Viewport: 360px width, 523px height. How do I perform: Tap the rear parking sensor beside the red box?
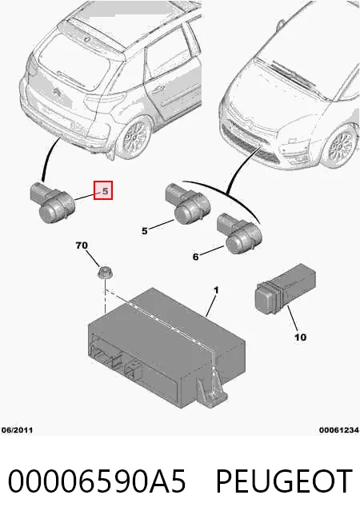pos(53,202)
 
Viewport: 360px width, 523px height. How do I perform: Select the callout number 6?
pos(195,257)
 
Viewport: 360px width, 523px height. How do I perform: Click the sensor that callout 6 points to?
pos(239,234)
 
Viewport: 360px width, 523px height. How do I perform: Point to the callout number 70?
pos(82,246)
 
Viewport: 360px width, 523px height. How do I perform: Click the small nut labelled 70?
pos(105,272)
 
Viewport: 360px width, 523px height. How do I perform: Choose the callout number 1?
pos(216,290)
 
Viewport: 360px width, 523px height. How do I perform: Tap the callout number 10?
pos(300,337)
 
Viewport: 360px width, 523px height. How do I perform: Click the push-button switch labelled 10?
pos(285,288)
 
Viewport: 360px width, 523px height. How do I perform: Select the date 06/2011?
pos(18,430)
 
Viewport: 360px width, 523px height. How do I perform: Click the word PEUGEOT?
pos(284,481)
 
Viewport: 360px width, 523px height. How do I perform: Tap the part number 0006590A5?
pos(97,481)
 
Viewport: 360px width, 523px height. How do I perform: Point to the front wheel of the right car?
pos(341,146)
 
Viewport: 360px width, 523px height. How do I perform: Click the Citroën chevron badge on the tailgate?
pos(57,90)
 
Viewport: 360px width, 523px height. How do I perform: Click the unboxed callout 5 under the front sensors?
pos(145,231)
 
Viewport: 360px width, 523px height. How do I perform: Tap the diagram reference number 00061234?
pos(339,430)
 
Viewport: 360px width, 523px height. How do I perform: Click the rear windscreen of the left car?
pos(74,62)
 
